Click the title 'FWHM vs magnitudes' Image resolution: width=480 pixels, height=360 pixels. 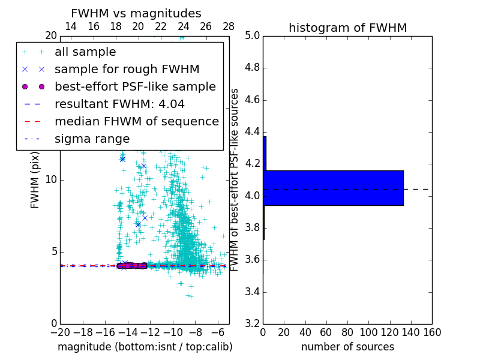pos(136,13)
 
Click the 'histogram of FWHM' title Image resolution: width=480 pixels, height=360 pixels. pos(347,28)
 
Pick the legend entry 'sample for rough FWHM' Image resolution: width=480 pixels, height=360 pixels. pos(127,70)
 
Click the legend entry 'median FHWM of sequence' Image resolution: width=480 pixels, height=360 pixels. pos(136,122)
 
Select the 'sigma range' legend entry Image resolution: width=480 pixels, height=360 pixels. pos(92,139)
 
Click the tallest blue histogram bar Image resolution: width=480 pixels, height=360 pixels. pos(333,188)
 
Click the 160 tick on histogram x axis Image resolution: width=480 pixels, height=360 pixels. pos(432,332)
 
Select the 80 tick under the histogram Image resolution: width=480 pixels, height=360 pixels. pos(347,332)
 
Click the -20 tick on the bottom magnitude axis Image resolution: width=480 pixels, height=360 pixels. pos(60,332)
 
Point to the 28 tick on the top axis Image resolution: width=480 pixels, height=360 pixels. pos(229,26)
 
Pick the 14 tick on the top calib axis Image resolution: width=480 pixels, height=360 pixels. pos(71,26)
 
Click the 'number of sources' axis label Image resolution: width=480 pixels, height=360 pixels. pos(347,347)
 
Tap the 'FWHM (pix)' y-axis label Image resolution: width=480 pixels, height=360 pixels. pos(35,180)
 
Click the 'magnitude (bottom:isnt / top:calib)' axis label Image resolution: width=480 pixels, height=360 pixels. pos(145,347)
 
